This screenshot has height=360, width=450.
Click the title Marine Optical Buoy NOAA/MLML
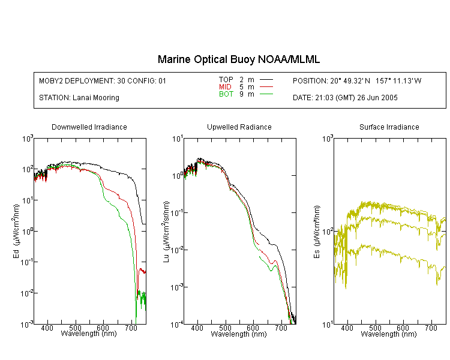(x=238, y=59)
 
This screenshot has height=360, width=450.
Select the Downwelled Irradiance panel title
(x=89, y=127)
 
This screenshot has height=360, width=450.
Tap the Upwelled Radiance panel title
(x=239, y=127)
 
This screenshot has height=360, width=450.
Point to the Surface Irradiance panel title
(x=389, y=127)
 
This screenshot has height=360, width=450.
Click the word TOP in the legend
(x=226, y=80)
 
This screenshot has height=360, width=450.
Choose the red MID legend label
(x=225, y=86)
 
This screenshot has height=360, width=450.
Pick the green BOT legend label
(x=226, y=94)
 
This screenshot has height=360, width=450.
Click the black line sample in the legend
(x=266, y=80)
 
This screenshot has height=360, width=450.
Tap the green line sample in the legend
(x=266, y=94)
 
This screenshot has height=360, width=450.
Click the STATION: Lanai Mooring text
(x=79, y=98)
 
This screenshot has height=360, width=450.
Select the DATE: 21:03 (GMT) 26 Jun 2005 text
(x=345, y=98)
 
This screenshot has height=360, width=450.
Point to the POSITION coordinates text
(x=357, y=80)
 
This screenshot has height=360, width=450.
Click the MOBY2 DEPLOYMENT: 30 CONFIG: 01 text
(x=103, y=80)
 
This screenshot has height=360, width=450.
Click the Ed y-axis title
(x=16, y=232)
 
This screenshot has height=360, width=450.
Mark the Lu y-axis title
(x=166, y=232)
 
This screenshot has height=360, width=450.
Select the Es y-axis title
(x=316, y=232)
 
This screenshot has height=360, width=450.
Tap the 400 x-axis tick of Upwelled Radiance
(x=197, y=328)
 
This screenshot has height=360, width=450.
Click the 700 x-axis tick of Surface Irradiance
(x=431, y=328)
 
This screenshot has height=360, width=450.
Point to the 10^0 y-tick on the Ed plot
(x=27, y=230)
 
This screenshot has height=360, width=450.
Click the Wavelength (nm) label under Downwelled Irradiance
(x=89, y=334)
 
